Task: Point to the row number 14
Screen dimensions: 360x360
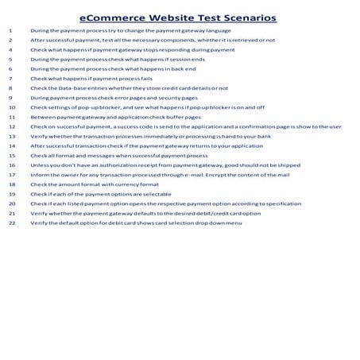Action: pyautogui.click(x=11, y=145)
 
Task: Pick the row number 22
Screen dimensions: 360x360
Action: pyautogui.click(x=11, y=223)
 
